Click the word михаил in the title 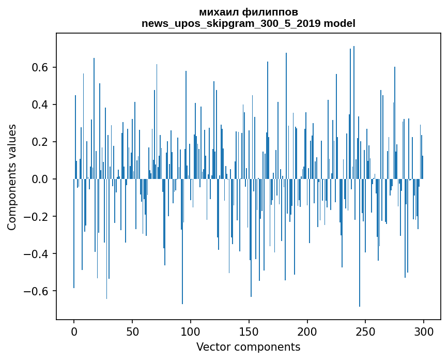[x=218, y=12]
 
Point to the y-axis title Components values [x=12, y=177]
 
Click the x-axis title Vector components [x=248, y=347]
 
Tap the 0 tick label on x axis [x=74, y=331]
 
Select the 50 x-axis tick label [x=132, y=331]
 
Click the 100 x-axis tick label [x=191, y=331]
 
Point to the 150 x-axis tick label [x=249, y=331]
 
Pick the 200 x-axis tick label [x=307, y=331]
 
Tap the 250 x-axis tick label [x=365, y=331]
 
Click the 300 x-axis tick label [x=424, y=331]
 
